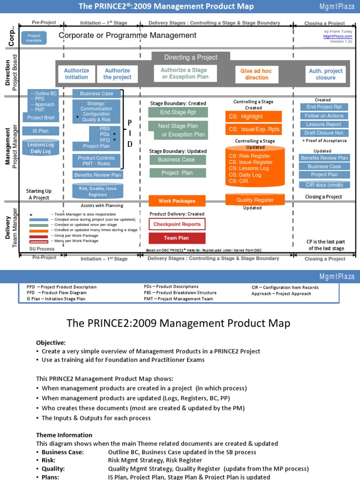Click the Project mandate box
[34, 38]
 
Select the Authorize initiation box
[76, 74]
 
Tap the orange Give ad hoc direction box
[257, 74]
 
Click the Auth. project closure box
[325, 74]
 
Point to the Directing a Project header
[191, 57]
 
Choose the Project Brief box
[41, 118]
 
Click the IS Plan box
[41, 131]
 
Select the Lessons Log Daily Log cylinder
[41, 148]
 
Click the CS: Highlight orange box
[254, 116]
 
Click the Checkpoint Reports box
[177, 224]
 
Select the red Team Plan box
[177, 238]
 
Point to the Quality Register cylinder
[255, 200]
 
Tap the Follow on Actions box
[324, 116]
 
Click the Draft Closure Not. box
[324, 133]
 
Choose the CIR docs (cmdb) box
[324, 185]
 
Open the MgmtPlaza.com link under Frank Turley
[338, 36]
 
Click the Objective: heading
[51, 343]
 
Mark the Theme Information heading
[64, 435]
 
